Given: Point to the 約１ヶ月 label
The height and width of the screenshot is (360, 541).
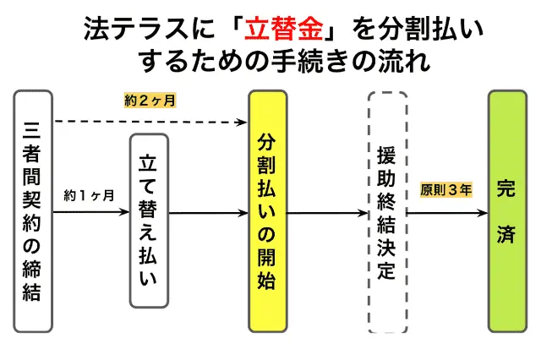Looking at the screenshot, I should (90, 196).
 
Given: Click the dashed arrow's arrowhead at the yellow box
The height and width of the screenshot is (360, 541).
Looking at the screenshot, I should (243, 123).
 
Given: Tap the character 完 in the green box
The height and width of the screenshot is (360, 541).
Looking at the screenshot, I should (507, 188).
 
